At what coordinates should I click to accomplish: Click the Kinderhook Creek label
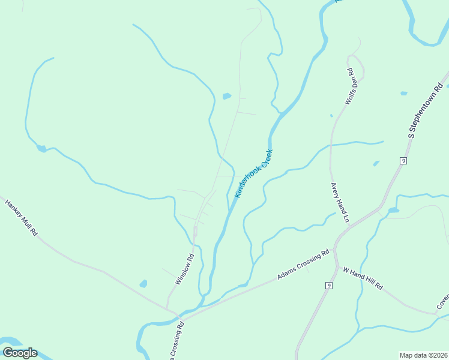point(254,173)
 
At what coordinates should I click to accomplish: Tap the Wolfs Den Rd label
point(351,87)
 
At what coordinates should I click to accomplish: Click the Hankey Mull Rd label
point(21,217)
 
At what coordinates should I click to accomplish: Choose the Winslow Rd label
point(185,269)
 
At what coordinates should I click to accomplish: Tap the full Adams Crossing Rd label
point(304,264)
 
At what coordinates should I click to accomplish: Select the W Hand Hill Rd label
point(363,279)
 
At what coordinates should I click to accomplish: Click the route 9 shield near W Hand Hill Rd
point(329,285)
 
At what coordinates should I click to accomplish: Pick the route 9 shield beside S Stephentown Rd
point(403,161)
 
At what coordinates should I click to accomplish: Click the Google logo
point(20,353)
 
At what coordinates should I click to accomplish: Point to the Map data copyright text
point(424,355)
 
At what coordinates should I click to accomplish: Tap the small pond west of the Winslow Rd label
point(143,283)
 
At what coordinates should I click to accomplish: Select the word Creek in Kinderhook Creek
point(264,158)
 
